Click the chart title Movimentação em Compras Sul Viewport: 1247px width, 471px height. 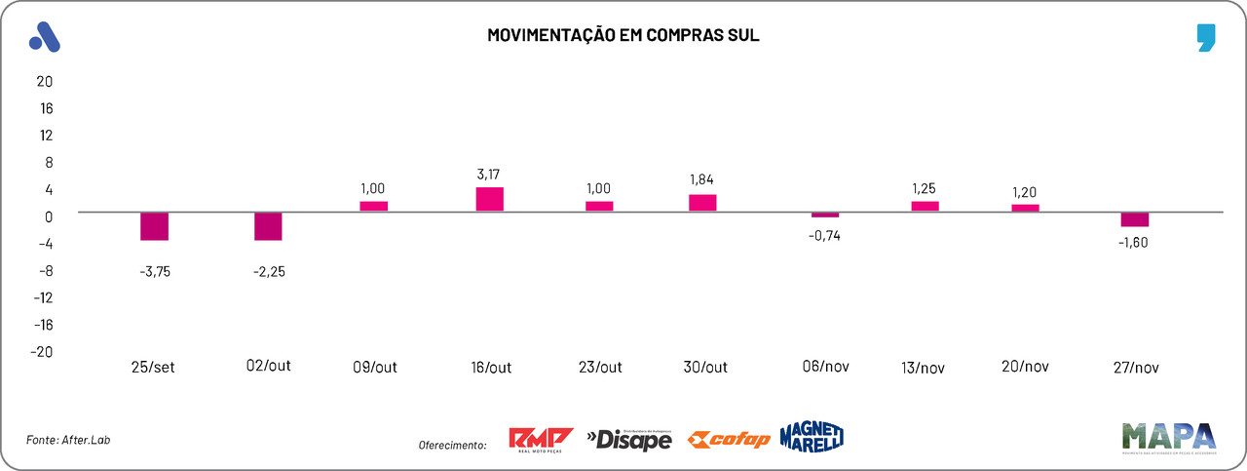[x=623, y=35]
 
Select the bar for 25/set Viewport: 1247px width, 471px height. [x=154, y=226]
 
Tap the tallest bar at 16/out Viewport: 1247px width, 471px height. [x=489, y=199]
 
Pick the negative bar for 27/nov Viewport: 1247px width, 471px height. [x=1134, y=219]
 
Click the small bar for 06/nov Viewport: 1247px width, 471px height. [x=824, y=215]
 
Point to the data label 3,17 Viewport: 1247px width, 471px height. [x=489, y=174]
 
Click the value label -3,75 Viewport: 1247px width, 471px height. [x=155, y=272]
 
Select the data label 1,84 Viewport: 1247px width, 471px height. [x=702, y=180]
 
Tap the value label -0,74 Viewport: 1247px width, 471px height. [x=824, y=235]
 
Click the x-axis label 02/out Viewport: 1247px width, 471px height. [x=268, y=366]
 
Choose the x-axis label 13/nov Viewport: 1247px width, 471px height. [x=924, y=368]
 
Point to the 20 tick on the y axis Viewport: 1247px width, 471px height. [x=44, y=81]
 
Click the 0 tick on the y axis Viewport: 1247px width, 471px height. [x=47, y=216]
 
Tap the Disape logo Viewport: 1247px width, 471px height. [x=629, y=440]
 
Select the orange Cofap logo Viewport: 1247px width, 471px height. [x=728, y=440]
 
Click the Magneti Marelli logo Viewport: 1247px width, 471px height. [x=811, y=437]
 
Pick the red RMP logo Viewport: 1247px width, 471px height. [x=541, y=440]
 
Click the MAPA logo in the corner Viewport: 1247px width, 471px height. [x=1168, y=437]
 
